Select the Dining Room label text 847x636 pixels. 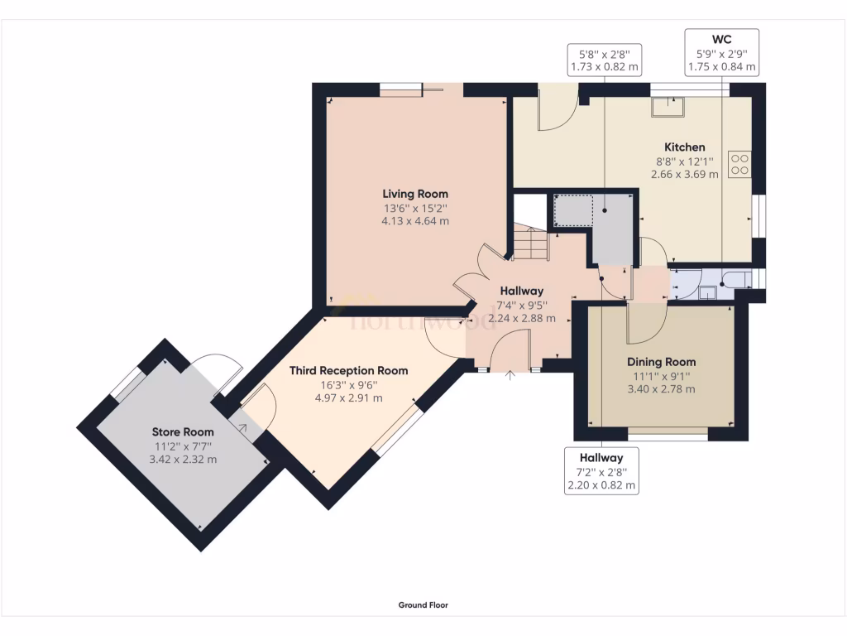[x=661, y=362]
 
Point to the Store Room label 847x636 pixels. [x=183, y=431]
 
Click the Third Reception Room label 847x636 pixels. [x=348, y=370]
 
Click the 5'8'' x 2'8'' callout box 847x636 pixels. [x=604, y=60]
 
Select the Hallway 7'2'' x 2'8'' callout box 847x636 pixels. [x=601, y=472]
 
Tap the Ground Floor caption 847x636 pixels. [x=423, y=605]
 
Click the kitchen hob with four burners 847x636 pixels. [x=739, y=164]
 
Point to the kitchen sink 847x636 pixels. [x=666, y=106]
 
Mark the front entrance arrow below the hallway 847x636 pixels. [x=510, y=376]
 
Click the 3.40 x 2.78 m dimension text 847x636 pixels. [x=661, y=388]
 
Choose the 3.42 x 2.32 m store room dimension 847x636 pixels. [x=183, y=459]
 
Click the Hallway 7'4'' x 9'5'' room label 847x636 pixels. [x=521, y=291]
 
